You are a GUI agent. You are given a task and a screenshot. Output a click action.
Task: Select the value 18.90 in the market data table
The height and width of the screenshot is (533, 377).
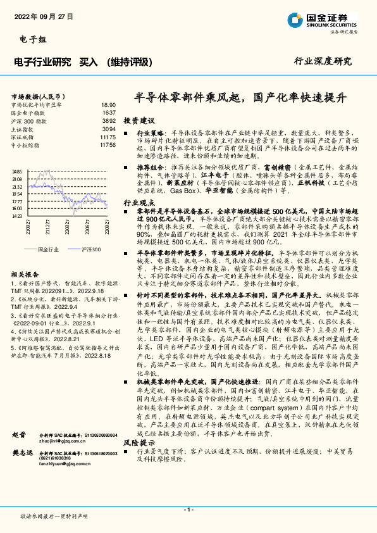pos(108,104)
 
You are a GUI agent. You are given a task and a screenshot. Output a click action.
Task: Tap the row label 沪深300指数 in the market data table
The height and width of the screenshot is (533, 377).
pos(29,120)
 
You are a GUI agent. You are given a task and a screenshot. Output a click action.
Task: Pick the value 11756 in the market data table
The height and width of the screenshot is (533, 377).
pos(108,145)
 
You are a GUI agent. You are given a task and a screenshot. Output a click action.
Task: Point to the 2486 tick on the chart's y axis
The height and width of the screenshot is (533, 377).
pos(17,172)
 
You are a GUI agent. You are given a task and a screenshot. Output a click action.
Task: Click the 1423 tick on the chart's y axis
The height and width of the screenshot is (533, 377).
pos(17,216)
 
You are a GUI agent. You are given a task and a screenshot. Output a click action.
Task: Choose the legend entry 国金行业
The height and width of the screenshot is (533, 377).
pos(49,249)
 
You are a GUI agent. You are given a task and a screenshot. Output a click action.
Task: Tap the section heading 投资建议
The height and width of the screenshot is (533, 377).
pos(139,120)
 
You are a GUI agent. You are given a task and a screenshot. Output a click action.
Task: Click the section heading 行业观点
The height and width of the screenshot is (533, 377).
pos(139,203)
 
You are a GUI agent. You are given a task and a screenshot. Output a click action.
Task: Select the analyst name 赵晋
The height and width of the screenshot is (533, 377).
pos(19,436)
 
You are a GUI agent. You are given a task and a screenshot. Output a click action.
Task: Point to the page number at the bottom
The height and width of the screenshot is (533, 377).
pos(188,510)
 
